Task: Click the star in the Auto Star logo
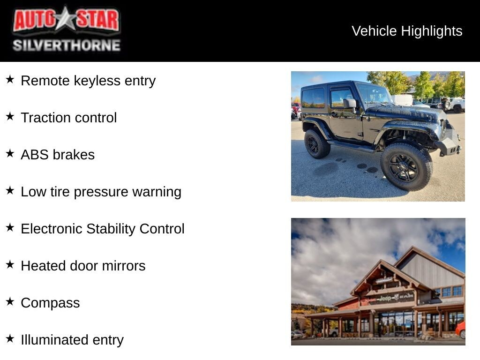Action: (x=66, y=19)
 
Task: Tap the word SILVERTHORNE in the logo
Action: (x=67, y=45)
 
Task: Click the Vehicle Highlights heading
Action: (x=407, y=31)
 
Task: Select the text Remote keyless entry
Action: (x=88, y=81)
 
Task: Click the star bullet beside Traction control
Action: (x=10, y=116)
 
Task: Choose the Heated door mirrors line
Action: (x=83, y=266)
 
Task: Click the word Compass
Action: (x=50, y=303)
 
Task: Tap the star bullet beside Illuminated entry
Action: (x=10, y=338)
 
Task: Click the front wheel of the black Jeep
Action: (x=406, y=166)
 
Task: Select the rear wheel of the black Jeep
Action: (x=317, y=143)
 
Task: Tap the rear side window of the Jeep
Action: (x=313, y=98)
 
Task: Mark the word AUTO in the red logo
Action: (x=34, y=20)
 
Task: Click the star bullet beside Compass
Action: (x=10, y=301)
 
